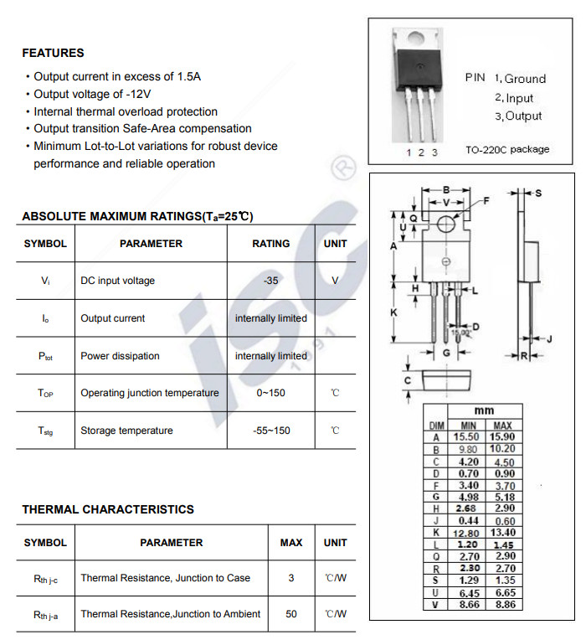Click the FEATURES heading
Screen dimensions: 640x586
click(53, 53)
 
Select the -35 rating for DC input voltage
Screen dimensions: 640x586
click(270, 281)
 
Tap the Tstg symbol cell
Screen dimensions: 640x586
click(45, 431)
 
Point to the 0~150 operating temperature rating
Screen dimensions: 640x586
click(270, 393)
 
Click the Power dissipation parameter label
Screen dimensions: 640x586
click(120, 356)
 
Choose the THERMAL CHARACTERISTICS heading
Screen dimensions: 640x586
click(108, 509)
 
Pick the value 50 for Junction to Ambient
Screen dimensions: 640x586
click(291, 614)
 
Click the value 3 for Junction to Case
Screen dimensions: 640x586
click(291, 578)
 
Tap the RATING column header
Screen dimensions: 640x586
click(270, 244)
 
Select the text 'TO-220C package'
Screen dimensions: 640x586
click(507, 150)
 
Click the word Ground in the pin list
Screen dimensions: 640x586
click(525, 79)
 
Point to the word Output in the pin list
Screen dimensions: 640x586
click(523, 116)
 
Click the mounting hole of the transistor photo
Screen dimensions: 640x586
click(417, 36)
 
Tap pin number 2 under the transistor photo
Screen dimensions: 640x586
click(422, 152)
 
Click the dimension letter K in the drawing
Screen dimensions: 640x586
click(393, 312)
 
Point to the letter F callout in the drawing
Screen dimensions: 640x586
click(486, 201)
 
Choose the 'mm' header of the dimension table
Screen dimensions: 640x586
click(484, 411)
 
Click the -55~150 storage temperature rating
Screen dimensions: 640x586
click(270, 431)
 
